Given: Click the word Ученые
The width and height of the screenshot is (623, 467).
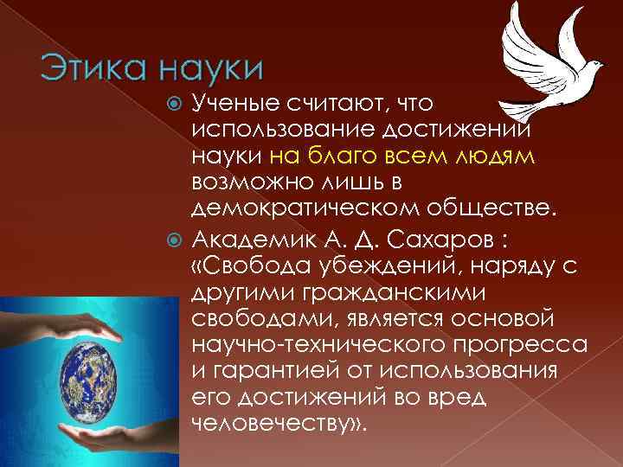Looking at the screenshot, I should coord(235,105).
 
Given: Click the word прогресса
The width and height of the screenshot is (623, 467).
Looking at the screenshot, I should coord(510,346).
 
